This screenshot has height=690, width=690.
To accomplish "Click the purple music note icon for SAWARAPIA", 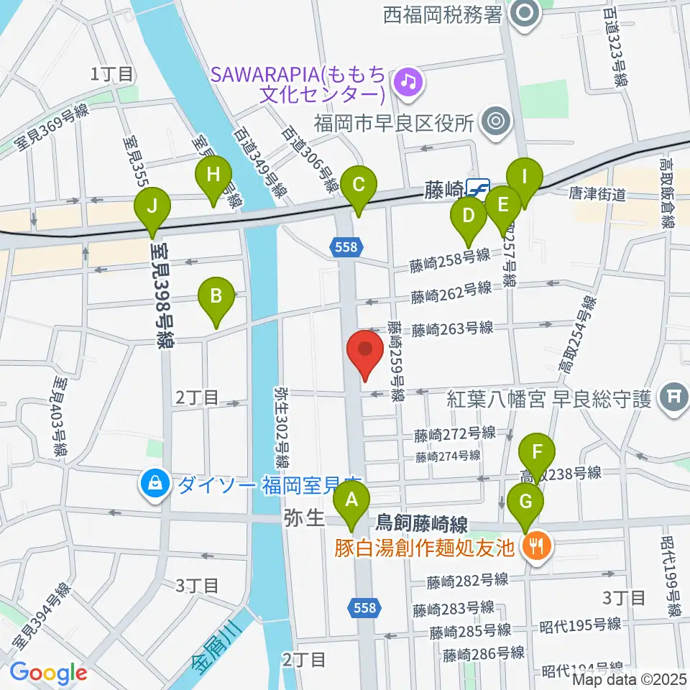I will tap(409, 81).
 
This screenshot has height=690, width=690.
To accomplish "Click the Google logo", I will tap(47, 672).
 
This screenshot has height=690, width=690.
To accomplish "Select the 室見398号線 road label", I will tap(162, 295).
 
